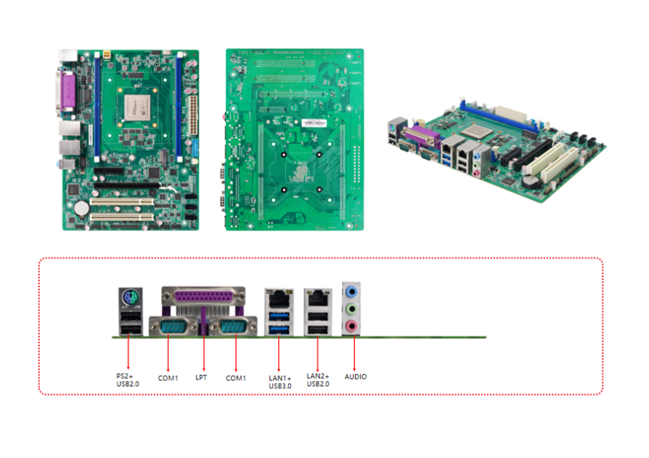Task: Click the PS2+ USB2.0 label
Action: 128,379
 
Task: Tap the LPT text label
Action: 201,377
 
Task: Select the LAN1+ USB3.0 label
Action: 279,380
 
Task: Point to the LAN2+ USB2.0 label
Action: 318,380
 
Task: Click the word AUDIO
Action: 356,377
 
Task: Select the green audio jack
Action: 352,309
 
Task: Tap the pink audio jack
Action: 352,326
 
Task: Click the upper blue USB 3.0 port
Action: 279,316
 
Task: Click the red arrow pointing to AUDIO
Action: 354,353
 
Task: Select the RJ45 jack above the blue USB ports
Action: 279,297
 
